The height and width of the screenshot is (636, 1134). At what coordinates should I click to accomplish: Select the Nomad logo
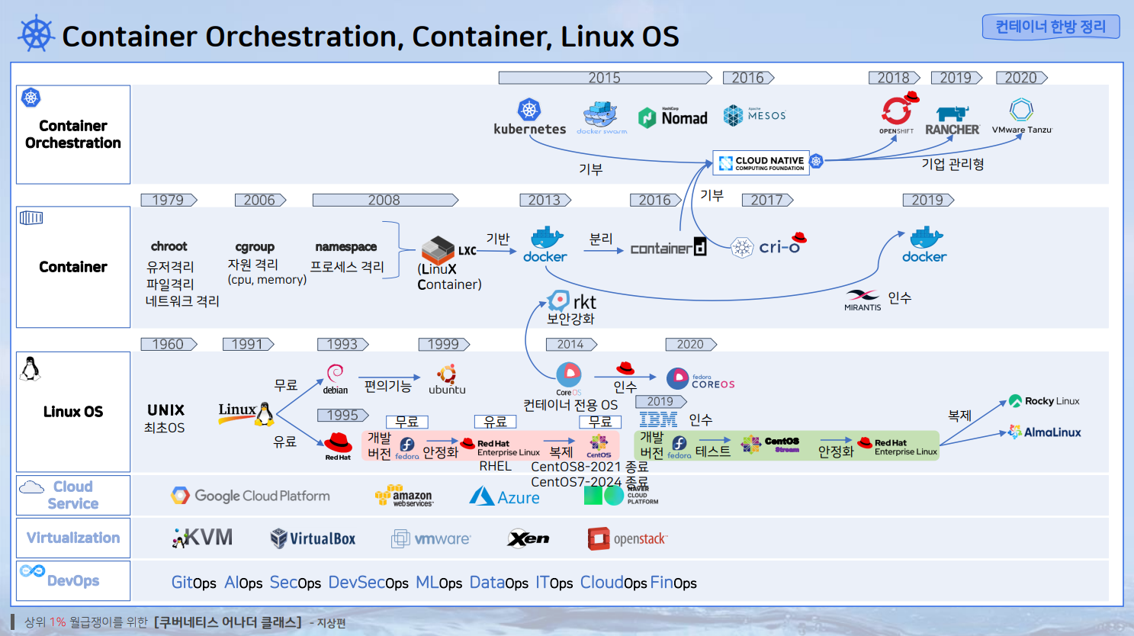tap(673, 117)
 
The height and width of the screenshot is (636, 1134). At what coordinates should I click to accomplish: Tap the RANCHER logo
tap(952, 120)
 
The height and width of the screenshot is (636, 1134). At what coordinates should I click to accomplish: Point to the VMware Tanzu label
tap(1021, 130)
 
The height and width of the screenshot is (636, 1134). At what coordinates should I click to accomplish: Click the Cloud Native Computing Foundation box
tap(761, 162)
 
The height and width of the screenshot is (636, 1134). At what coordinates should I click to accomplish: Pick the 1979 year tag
tap(169, 200)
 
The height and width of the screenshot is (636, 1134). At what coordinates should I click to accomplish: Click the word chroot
tap(169, 246)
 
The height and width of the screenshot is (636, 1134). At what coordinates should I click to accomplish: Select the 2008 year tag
tap(384, 200)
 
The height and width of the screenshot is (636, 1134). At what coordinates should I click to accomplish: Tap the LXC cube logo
tap(439, 249)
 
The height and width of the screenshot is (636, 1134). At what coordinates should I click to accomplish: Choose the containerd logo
tap(668, 248)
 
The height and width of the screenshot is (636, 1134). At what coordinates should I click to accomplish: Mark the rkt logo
tap(572, 301)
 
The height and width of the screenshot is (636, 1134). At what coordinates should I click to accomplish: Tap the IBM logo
tap(658, 419)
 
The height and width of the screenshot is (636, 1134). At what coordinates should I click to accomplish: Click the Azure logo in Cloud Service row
tap(504, 497)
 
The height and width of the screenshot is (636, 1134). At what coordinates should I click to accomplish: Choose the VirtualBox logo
tap(313, 538)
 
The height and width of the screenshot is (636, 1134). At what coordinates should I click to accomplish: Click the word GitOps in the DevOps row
tap(194, 583)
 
